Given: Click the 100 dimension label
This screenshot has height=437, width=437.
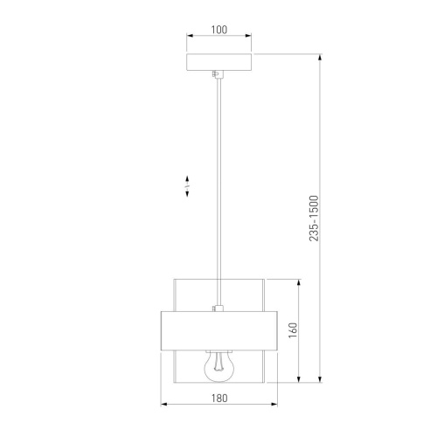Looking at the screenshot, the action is coord(219,30).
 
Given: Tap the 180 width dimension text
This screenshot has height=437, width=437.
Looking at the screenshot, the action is coord(219,398).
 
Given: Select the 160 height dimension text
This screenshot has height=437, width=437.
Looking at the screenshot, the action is coord(293,330).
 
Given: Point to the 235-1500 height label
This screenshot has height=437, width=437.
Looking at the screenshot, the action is coord(314,218).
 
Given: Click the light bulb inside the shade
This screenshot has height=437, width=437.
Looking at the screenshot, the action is coord(218,367).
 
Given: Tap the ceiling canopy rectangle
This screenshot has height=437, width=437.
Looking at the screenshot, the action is coord(218,62).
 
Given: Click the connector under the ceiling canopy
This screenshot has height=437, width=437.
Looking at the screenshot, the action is coord(218,74).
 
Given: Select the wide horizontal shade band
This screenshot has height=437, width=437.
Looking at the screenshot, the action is coord(219,331).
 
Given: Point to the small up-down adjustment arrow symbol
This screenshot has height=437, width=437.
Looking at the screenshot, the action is coord(187,186).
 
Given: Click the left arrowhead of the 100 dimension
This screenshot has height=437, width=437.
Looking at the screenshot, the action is coord(190,36).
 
